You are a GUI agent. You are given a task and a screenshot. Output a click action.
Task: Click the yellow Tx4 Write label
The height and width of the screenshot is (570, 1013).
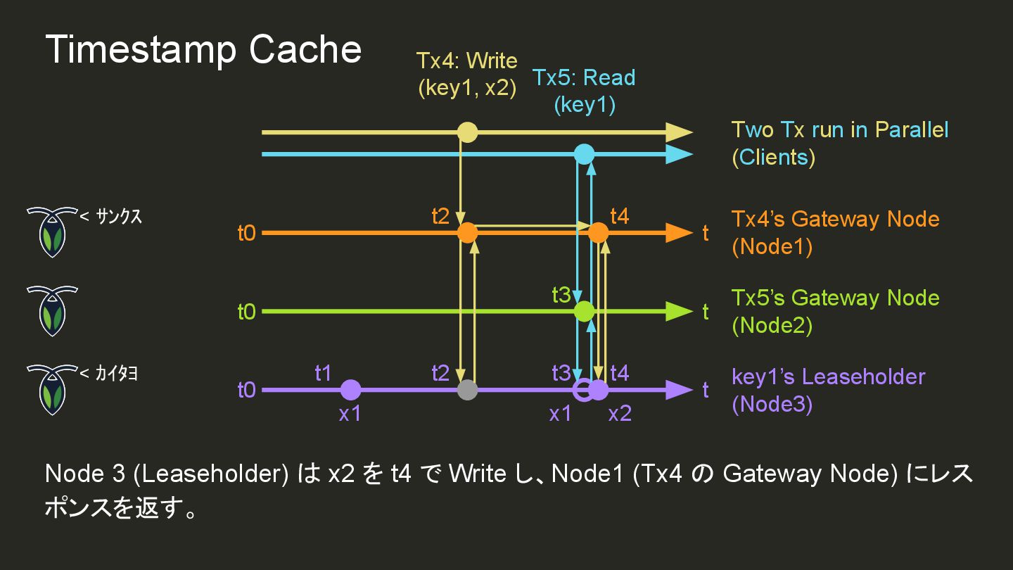coord(466,74)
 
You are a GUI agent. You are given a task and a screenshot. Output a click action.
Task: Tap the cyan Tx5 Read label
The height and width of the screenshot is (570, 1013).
coord(584,90)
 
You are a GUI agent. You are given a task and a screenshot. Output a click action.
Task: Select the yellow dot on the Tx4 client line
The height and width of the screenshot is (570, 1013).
coord(467,132)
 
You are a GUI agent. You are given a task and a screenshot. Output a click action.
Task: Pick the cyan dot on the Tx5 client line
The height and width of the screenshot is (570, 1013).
coord(585,154)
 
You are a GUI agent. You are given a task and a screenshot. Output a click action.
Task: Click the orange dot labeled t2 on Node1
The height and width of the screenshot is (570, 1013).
coord(467,233)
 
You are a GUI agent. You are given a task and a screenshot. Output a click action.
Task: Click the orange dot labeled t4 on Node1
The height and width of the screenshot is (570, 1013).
coord(598,233)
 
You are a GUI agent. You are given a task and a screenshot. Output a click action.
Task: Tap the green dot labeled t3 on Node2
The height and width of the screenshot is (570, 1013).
coord(585,311)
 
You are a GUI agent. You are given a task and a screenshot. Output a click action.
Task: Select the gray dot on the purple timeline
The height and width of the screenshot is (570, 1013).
coord(467,390)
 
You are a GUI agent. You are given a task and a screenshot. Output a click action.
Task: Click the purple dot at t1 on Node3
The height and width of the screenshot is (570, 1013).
coord(350,390)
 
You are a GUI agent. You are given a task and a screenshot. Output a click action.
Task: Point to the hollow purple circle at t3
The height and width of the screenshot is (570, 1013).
coord(582,390)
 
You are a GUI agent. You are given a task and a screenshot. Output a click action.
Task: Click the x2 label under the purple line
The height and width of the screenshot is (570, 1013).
coord(620,414)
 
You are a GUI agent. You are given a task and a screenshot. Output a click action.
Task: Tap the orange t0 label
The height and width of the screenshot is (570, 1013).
coord(246,234)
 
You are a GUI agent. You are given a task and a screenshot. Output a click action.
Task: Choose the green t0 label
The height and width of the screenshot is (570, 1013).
coord(246,312)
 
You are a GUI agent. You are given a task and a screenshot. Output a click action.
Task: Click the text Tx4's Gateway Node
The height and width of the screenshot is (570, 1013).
coord(835,219)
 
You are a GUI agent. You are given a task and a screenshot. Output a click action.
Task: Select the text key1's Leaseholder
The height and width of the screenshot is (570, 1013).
coord(828,376)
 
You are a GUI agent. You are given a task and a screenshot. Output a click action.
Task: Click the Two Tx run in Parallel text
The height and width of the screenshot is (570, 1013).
coord(840,130)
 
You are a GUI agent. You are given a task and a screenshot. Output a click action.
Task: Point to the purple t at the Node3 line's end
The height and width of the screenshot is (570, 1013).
coord(705,391)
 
